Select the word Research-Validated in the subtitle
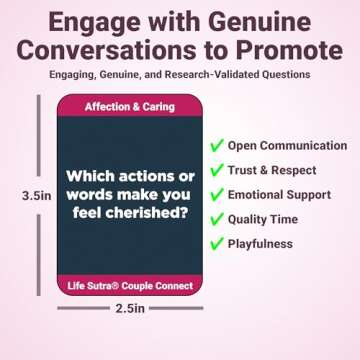click(x=229, y=75)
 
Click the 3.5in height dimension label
click(x=36, y=197)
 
